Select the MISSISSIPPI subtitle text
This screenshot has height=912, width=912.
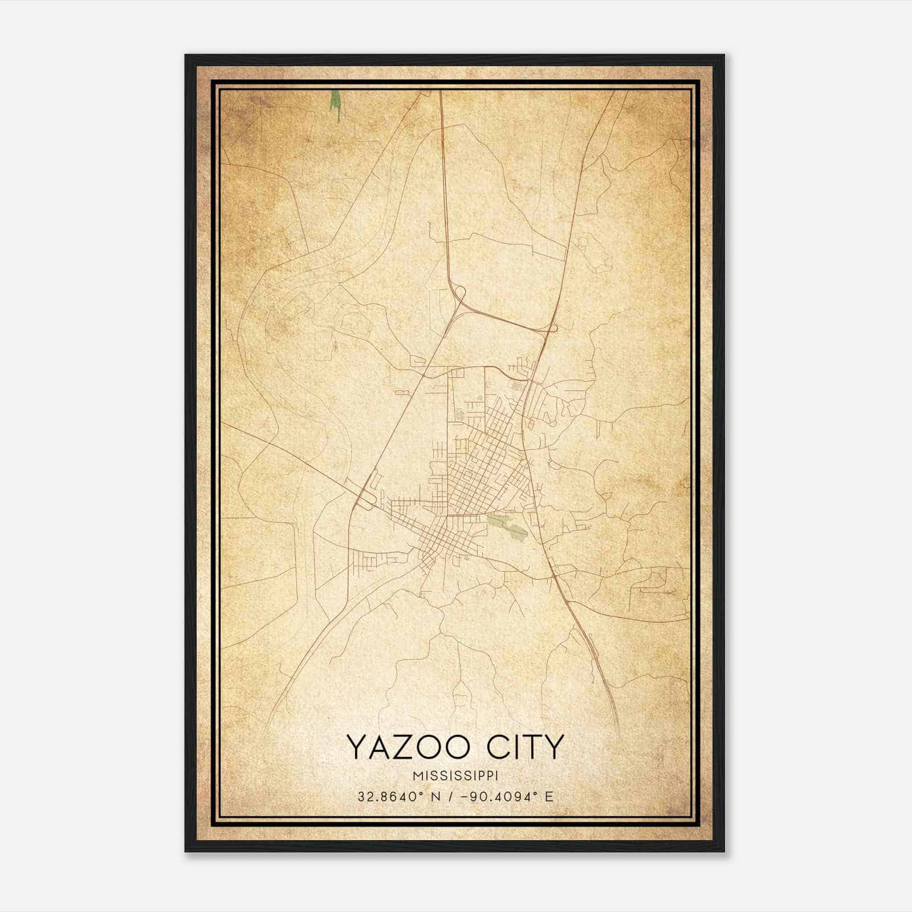pyautogui.click(x=455, y=776)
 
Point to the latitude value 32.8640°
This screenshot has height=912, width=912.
pyautogui.click(x=389, y=796)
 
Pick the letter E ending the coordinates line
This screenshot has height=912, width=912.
pyautogui.click(x=549, y=796)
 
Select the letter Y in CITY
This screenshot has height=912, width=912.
pyautogui.click(x=553, y=747)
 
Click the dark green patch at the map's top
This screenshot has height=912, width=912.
pyautogui.click(x=336, y=105)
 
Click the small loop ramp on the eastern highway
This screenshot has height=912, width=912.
pyautogui.click(x=552, y=328)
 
